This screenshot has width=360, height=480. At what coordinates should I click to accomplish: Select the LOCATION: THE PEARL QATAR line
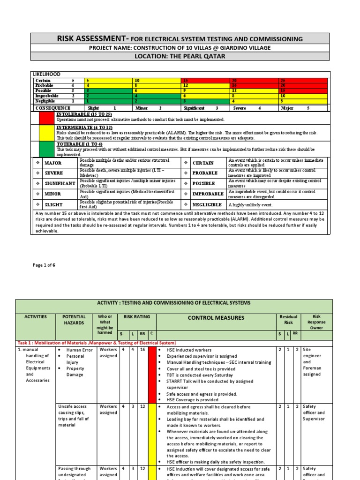180,56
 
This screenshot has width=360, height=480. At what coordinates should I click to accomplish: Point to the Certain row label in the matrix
44,81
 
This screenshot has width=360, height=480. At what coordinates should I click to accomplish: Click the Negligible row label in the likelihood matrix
46,101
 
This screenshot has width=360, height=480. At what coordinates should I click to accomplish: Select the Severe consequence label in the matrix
242,108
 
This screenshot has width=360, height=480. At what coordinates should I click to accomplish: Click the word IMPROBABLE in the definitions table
207,194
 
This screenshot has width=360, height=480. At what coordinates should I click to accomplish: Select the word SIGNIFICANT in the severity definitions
60,183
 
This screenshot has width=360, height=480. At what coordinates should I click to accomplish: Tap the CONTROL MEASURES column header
216,318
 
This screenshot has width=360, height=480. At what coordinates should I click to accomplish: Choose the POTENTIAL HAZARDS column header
74,320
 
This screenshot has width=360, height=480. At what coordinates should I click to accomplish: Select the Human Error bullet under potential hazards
80,350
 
